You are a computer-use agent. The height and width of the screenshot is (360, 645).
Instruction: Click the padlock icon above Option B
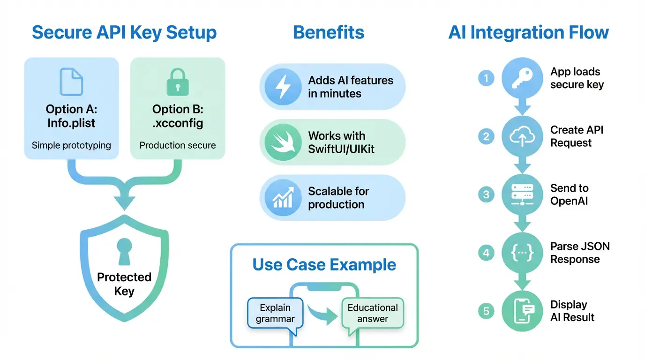point(178,82)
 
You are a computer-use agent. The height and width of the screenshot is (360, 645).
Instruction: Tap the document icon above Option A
point(71,82)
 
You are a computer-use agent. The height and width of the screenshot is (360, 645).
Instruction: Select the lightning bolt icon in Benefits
point(282,87)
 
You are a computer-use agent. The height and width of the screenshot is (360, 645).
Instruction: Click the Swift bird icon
point(282,142)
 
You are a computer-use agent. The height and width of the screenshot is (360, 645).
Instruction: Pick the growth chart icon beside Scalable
point(282,197)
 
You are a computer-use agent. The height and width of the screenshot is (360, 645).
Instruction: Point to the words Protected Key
point(124,284)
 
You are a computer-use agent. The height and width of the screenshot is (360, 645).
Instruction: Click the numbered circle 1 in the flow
point(486,78)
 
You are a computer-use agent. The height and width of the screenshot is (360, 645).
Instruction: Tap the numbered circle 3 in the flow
point(486,194)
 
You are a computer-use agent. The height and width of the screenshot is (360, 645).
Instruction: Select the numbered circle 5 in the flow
point(486,311)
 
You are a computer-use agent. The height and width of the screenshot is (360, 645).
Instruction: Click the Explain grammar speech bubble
point(275,314)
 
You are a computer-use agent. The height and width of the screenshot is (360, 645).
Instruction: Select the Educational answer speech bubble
point(373,314)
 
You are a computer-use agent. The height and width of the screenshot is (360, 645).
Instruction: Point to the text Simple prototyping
point(71,145)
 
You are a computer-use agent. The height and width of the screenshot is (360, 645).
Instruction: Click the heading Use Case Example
point(324,264)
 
